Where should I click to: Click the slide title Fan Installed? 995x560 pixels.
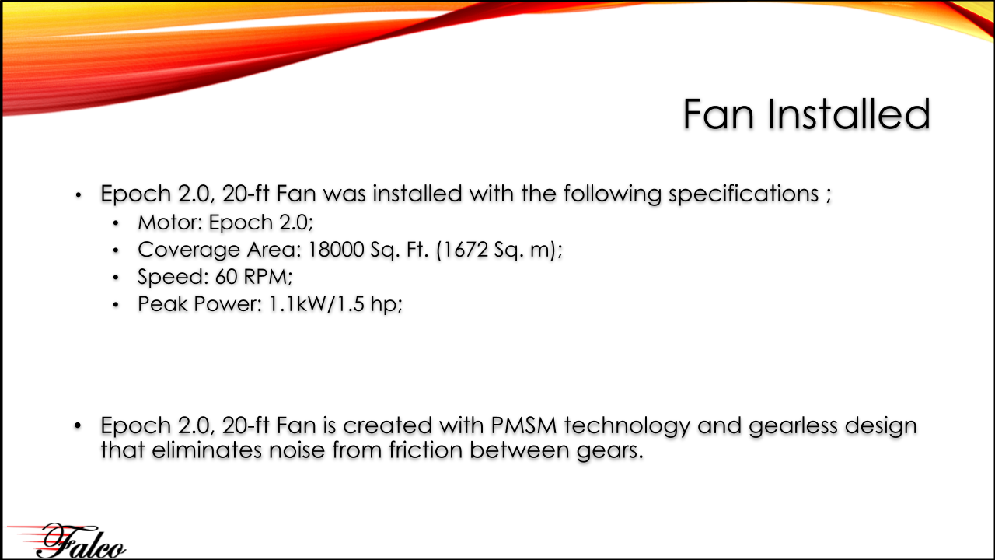pyautogui.click(x=806, y=114)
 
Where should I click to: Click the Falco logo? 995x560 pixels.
pyautogui.click(x=66, y=541)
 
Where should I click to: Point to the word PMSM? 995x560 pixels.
pyautogui.click(x=524, y=425)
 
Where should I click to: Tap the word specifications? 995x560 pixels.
pyautogui.click(x=744, y=194)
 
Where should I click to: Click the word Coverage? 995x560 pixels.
pyautogui.click(x=188, y=250)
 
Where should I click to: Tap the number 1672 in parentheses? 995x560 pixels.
pyautogui.click(x=465, y=250)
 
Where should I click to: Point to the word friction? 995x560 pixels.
pyautogui.click(x=425, y=450)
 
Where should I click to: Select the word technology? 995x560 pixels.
pyautogui.click(x=627, y=426)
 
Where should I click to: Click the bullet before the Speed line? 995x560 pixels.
pyautogui.click(x=116, y=278)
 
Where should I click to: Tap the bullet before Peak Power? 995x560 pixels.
pyautogui.click(x=116, y=305)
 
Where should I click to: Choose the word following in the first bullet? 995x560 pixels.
pyautogui.click(x=613, y=194)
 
